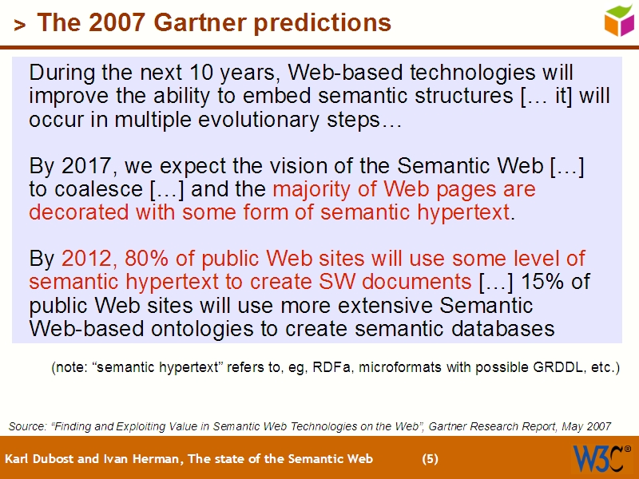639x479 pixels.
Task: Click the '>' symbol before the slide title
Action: click(x=19, y=25)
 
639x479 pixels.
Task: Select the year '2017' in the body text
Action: click(x=84, y=166)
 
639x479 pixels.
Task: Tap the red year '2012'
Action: click(x=87, y=259)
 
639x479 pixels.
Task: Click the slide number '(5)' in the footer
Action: click(x=430, y=459)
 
